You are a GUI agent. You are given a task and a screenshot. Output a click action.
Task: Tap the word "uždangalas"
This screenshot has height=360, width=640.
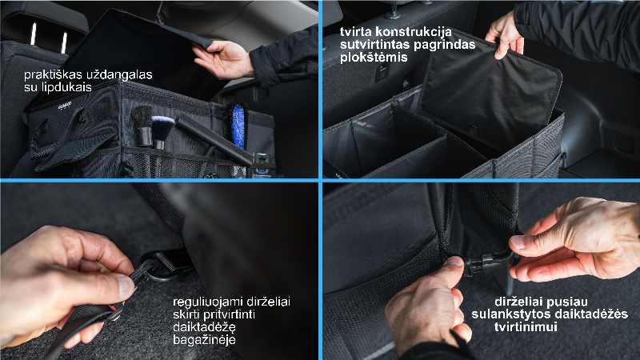(119, 74)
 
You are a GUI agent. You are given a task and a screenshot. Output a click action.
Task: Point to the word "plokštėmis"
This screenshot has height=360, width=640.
(374, 57)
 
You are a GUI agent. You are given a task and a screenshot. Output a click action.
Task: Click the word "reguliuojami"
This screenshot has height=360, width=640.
(207, 302)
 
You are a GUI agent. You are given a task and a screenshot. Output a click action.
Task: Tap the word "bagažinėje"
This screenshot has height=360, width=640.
(204, 340)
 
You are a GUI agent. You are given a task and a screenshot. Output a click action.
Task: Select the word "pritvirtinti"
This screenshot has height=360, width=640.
(229, 314)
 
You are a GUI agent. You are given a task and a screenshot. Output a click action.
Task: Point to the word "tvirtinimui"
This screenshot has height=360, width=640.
(526, 327)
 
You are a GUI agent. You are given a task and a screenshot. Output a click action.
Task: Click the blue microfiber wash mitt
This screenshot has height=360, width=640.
(238, 126)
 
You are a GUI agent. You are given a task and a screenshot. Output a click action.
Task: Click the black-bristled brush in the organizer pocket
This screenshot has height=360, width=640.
(143, 126)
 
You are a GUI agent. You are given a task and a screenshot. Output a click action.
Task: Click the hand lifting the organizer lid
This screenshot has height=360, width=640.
(222, 59)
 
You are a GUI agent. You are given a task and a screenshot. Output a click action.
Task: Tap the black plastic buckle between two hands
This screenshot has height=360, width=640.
(485, 264)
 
